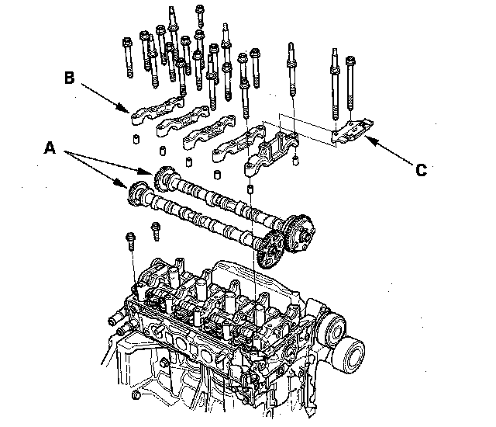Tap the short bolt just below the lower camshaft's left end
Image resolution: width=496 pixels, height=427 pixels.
coord(156,231)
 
